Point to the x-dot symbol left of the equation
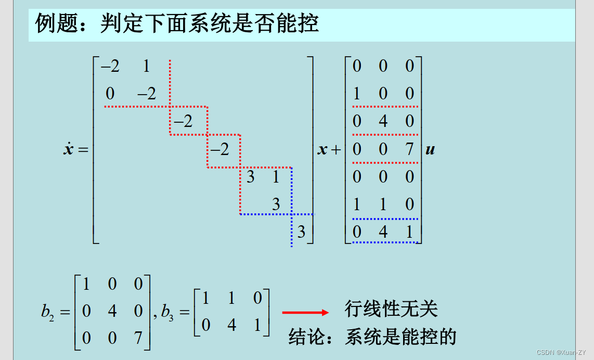68,150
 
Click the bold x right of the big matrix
322,150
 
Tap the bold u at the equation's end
430,150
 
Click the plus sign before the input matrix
335,150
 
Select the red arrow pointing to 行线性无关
305,312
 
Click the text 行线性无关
391,309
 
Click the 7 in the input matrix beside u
410,149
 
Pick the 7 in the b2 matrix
138,338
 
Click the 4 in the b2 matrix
112,311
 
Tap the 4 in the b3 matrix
231,325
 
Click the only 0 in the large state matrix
110,94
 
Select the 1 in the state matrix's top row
146,66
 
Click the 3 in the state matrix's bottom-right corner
301,232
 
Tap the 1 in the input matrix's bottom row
410,232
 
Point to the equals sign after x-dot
83,150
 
